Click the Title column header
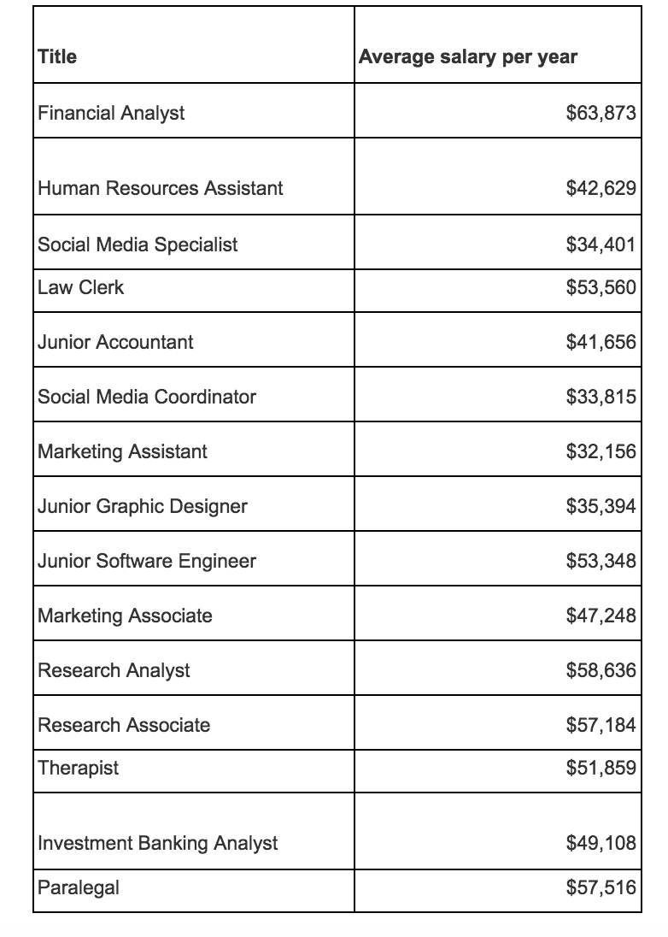[x=57, y=57]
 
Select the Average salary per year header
[x=467, y=57]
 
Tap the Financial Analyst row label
[x=111, y=113]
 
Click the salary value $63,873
[x=601, y=113]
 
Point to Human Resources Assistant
[x=161, y=188]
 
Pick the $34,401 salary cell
[x=601, y=245]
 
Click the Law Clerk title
[x=81, y=288]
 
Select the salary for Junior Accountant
[x=601, y=342]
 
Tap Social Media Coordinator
[x=147, y=397]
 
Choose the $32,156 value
[x=601, y=451]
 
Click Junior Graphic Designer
[x=143, y=506]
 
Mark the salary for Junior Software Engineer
[x=601, y=561]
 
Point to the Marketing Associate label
[x=126, y=616]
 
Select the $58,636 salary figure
[x=601, y=670]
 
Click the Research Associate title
[x=124, y=725]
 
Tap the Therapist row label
[x=79, y=768]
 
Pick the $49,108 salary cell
[x=601, y=843]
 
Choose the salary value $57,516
[x=601, y=887]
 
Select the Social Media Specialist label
[x=138, y=245]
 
